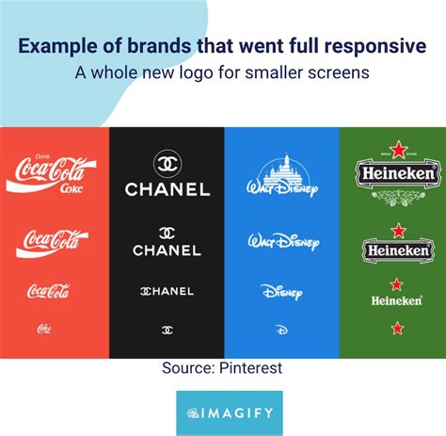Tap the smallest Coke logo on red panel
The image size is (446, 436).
[44, 329]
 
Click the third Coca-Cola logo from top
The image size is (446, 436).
[47, 290]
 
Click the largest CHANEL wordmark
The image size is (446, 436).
[167, 190]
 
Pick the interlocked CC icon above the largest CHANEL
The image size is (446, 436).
[167, 161]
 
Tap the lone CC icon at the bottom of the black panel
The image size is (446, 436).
[167, 330]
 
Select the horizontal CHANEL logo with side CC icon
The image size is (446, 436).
[167, 291]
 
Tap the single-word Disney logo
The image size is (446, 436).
[280, 291]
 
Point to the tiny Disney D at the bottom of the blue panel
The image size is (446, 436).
[281, 331]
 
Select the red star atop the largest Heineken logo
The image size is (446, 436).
[397, 150]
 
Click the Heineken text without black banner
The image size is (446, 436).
[396, 300]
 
